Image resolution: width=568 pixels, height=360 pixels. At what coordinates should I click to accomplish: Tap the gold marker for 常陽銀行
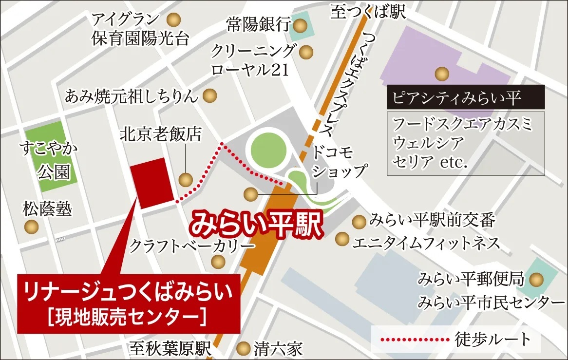click(302, 24)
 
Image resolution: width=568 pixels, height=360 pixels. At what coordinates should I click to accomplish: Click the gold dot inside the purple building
click(442, 74)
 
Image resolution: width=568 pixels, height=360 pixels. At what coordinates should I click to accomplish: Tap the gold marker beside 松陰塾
click(32, 227)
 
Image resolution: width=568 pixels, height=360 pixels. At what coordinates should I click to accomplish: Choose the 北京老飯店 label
click(161, 134)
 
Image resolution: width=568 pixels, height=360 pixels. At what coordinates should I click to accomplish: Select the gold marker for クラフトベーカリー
click(218, 262)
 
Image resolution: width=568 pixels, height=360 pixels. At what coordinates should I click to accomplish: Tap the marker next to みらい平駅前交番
click(359, 222)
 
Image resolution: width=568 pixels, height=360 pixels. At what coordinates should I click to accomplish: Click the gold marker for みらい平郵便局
click(537, 280)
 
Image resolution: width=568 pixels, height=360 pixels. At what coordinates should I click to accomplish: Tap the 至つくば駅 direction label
click(368, 12)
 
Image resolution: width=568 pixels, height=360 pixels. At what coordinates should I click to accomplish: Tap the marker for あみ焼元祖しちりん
click(210, 95)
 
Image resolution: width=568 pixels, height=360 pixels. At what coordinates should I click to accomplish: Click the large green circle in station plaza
click(266, 150)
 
